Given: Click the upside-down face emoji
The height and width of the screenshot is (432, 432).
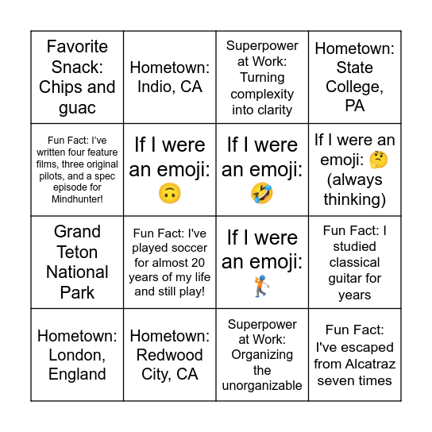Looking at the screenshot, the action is click(x=170, y=193).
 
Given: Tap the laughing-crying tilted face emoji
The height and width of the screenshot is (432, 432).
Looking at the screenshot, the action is click(x=262, y=193).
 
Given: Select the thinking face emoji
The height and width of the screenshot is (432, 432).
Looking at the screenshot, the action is click(x=380, y=160).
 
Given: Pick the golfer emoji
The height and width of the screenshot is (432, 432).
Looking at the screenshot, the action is click(x=262, y=286).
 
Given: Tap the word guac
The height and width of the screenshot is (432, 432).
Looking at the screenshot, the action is click(x=78, y=107).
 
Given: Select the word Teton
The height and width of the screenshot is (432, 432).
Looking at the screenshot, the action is click(x=77, y=252).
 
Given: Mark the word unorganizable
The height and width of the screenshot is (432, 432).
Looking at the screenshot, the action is click(x=262, y=385).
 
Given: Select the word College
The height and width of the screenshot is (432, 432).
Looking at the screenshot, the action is click(x=354, y=87).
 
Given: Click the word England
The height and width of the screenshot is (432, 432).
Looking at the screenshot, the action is click(x=77, y=374).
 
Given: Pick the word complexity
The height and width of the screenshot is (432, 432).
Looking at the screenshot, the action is click(x=262, y=94).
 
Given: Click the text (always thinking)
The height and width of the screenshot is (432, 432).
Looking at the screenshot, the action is click(x=354, y=189).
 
